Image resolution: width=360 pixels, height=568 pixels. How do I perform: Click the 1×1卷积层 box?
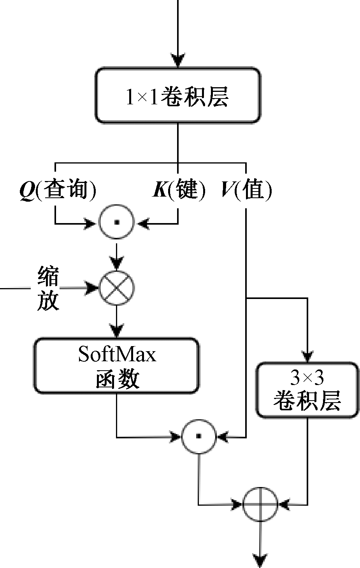177,96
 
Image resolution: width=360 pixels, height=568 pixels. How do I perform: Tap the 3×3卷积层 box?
307,390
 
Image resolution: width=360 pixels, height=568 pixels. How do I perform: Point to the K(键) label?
178,190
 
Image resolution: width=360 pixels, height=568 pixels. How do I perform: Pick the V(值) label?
246,190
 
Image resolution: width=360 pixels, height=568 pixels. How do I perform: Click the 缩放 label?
48,288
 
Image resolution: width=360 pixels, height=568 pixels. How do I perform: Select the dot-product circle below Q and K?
116,223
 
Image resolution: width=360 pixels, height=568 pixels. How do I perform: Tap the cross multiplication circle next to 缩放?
116,288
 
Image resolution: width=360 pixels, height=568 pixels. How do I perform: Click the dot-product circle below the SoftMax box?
198,437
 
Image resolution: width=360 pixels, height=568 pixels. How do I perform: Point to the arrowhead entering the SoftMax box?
116,332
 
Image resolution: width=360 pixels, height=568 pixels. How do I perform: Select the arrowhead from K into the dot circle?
143,223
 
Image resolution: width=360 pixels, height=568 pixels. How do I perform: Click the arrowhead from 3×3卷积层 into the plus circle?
284,505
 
